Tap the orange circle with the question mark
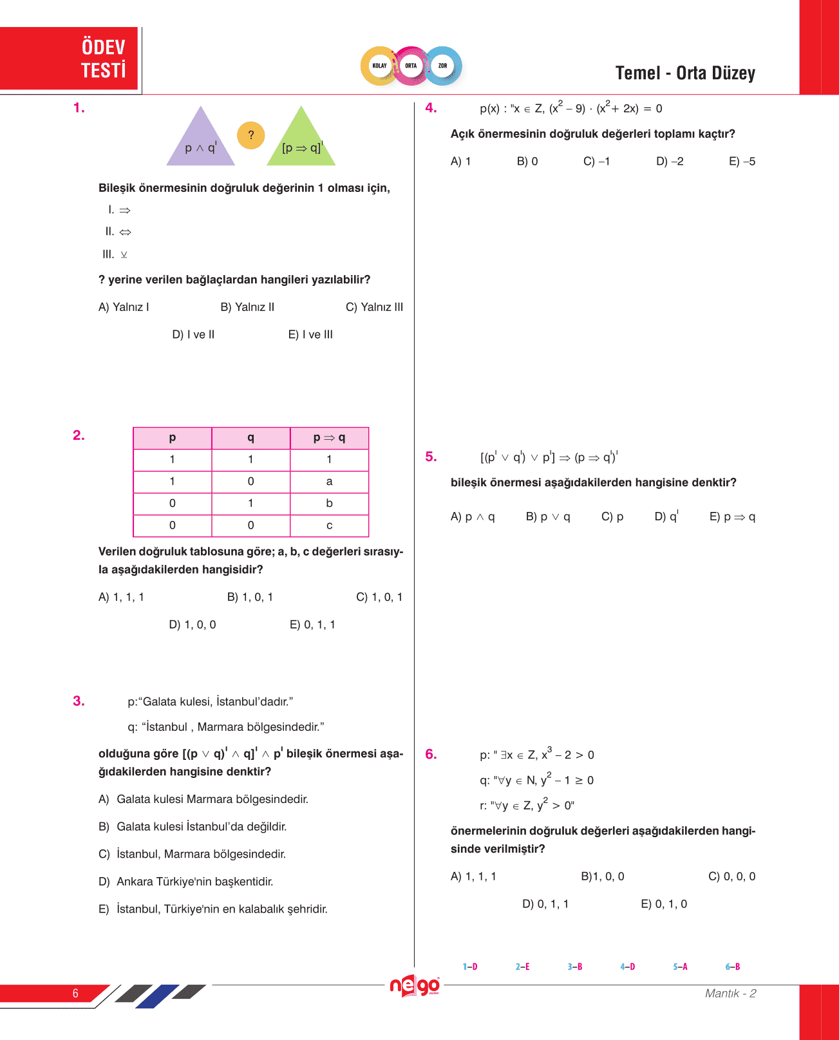tap(251, 135)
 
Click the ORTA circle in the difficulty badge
tap(411, 66)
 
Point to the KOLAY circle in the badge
tap(380, 66)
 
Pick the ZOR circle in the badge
tap(442, 66)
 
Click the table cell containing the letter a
tap(329, 482)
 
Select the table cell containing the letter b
tap(329, 504)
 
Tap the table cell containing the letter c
tap(329, 525)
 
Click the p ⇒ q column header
tap(329, 438)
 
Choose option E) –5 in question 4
tap(742, 162)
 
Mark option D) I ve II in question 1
tap(193, 335)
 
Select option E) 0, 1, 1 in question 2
tap(312, 625)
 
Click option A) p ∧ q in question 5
tap(473, 517)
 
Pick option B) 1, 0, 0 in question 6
tap(602, 876)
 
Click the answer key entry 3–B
tap(575, 967)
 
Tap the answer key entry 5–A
tap(680, 967)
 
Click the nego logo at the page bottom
tap(415, 986)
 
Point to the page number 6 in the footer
tap(75, 993)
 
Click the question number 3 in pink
tap(79, 701)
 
